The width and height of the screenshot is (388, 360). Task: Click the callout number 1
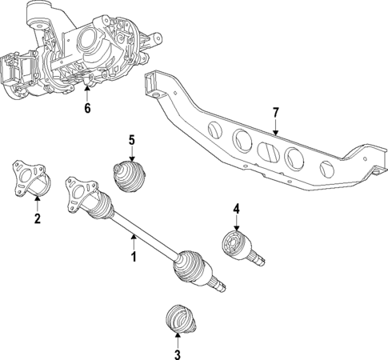pyautogui.click(x=134, y=257)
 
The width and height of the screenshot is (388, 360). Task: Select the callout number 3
pyautogui.click(x=178, y=353)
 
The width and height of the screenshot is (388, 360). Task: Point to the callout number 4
pyautogui.click(x=236, y=210)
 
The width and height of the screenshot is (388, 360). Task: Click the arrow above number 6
pyautogui.click(x=88, y=94)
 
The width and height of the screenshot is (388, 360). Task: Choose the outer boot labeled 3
pyautogui.click(x=178, y=320)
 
